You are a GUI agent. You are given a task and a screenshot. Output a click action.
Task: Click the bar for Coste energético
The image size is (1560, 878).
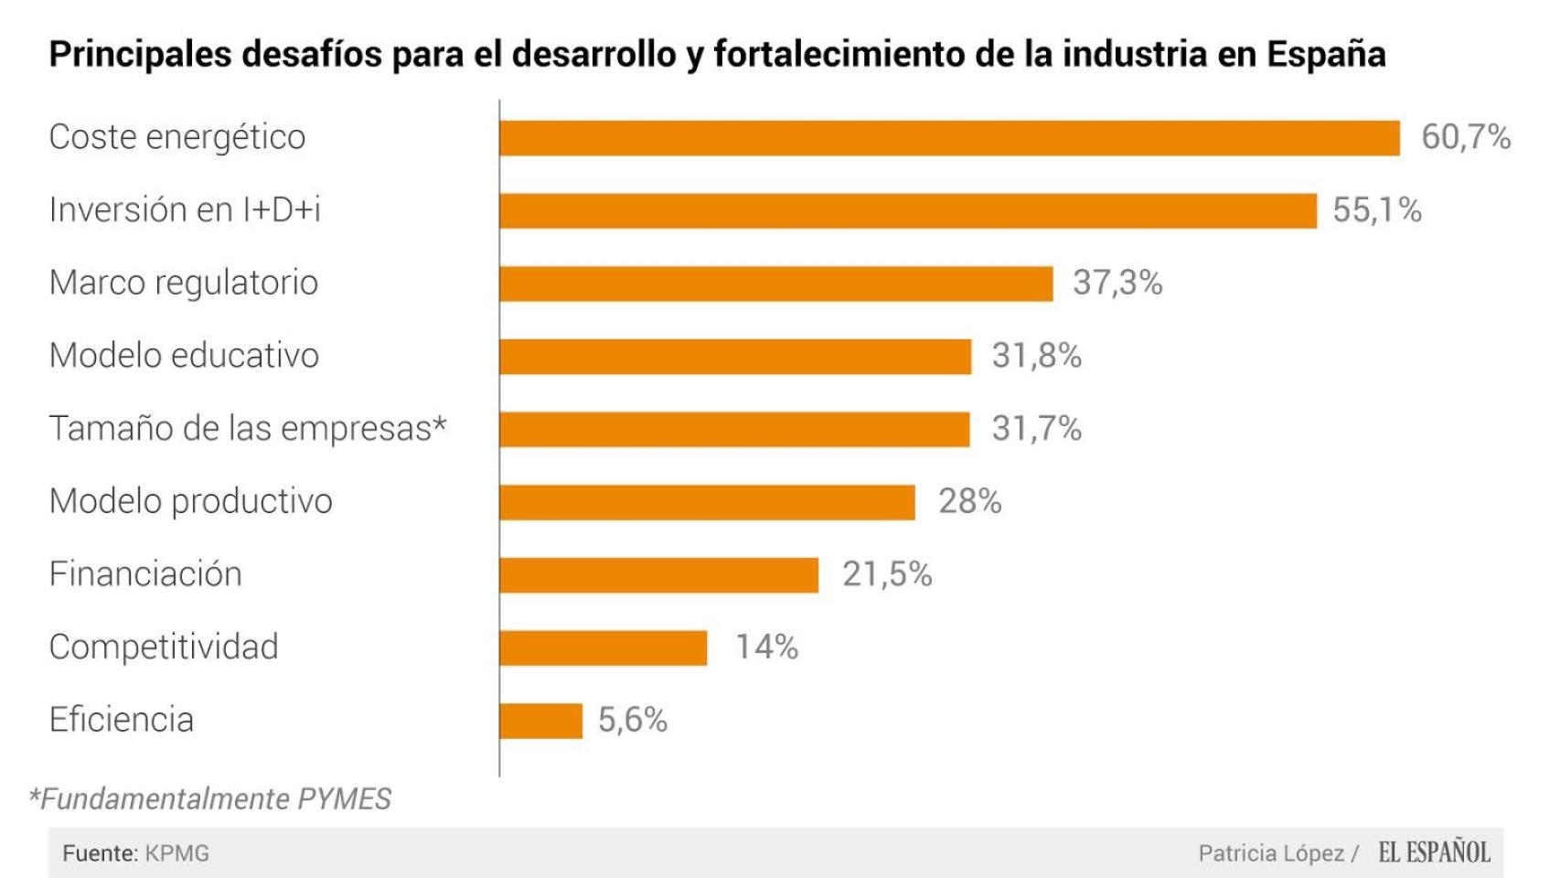[x=949, y=138]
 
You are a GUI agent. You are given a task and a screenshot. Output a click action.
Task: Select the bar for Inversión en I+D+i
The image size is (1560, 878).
[x=908, y=211]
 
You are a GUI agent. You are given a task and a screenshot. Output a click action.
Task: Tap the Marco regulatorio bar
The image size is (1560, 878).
[x=776, y=284]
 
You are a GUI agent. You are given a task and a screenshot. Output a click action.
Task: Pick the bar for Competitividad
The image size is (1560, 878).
[x=604, y=648]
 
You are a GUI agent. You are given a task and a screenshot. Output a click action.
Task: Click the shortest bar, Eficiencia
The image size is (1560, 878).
[x=541, y=721]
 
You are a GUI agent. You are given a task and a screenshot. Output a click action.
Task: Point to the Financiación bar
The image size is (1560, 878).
[x=659, y=575]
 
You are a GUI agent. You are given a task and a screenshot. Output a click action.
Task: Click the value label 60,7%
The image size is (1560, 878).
[x=1465, y=137]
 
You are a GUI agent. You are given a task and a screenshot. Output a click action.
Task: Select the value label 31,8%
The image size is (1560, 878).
[x=1036, y=356]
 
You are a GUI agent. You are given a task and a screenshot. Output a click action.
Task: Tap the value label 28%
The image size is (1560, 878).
[x=969, y=501]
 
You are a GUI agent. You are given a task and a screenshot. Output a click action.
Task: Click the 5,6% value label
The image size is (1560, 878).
[x=633, y=720]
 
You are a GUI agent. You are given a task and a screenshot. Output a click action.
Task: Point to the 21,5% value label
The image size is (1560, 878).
[x=886, y=574]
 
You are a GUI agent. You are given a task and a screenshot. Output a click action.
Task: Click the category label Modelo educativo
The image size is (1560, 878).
[x=184, y=355]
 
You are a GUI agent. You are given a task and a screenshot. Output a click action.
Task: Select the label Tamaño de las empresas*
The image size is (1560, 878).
[x=248, y=428]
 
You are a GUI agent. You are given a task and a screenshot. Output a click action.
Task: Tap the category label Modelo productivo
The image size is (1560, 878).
[x=190, y=501]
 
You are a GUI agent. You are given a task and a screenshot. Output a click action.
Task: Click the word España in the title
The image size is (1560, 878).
[x=1325, y=54]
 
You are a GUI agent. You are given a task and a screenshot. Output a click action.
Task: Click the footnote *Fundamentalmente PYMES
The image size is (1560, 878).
[x=210, y=798]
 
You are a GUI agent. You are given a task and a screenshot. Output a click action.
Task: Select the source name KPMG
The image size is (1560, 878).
[x=177, y=853]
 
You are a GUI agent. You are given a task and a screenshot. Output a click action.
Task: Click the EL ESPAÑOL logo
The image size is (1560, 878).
[x=1434, y=852]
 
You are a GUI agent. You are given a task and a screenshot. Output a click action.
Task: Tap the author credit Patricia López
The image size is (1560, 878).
[x=1271, y=853]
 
